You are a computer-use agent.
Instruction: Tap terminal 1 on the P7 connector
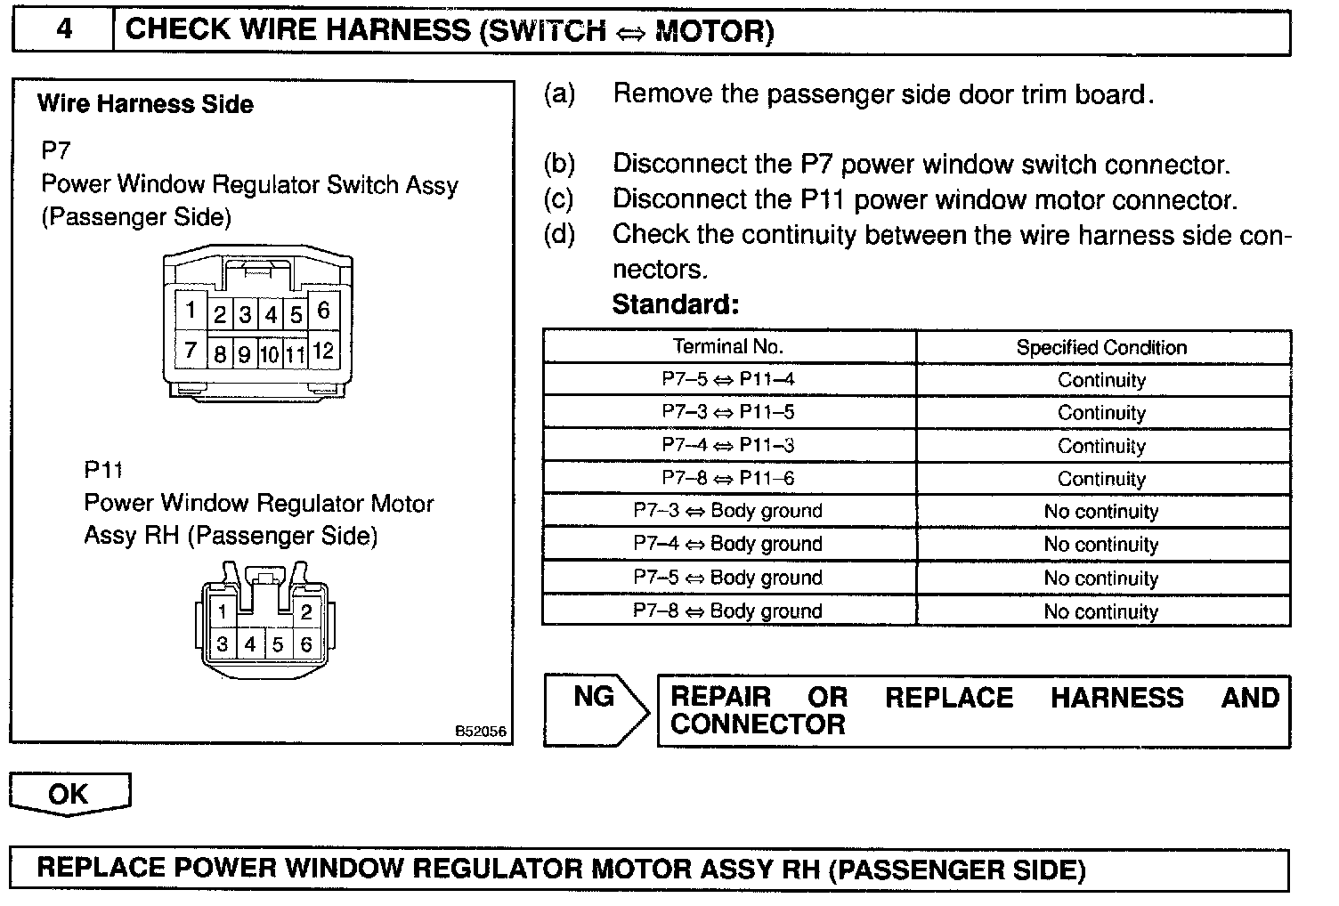click(x=191, y=311)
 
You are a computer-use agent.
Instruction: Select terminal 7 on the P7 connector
click(x=191, y=350)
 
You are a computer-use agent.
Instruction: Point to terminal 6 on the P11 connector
click(x=306, y=643)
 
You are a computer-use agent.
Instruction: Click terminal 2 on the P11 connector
click(x=306, y=611)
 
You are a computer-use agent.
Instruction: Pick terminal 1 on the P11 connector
click(x=223, y=611)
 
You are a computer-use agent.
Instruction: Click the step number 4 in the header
click(x=64, y=30)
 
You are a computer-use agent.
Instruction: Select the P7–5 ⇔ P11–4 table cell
click(x=728, y=379)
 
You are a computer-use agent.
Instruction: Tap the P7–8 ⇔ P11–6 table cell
click(x=728, y=478)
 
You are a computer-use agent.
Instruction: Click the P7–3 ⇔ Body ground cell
click(x=728, y=511)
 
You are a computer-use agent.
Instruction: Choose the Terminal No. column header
click(x=728, y=346)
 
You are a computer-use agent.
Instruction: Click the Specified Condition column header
click(x=1101, y=347)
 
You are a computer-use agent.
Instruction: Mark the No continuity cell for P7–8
click(x=1101, y=611)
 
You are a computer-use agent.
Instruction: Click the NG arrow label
click(x=594, y=697)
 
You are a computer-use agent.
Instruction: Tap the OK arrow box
click(x=69, y=793)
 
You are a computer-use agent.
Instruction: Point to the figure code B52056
click(x=481, y=732)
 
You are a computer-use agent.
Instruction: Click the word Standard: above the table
click(x=676, y=304)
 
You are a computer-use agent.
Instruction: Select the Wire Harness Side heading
click(x=145, y=104)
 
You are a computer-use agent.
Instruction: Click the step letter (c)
click(x=559, y=199)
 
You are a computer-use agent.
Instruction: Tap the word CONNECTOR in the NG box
click(x=758, y=724)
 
